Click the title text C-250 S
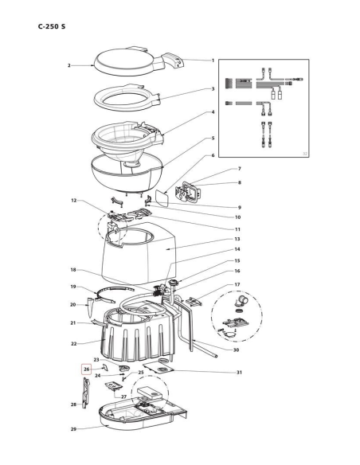coord(52,26)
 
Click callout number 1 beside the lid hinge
coord(213,61)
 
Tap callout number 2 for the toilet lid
coord(69,65)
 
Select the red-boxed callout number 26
coord(86,369)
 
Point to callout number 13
coord(237,239)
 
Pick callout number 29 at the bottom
coord(73,429)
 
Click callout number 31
coord(239,372)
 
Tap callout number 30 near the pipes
coord(236,350)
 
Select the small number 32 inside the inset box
coord(305,154)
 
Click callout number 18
coord(73,270)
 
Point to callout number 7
coord(240,169)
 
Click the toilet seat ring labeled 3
coord(127,98)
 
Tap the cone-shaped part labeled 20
coord(91,308)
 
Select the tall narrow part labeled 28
coord(86,393)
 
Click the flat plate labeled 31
coord(158,368)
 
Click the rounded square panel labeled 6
coord(162,198)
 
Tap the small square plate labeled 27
coord(114,386)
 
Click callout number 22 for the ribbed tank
coord(73,344)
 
